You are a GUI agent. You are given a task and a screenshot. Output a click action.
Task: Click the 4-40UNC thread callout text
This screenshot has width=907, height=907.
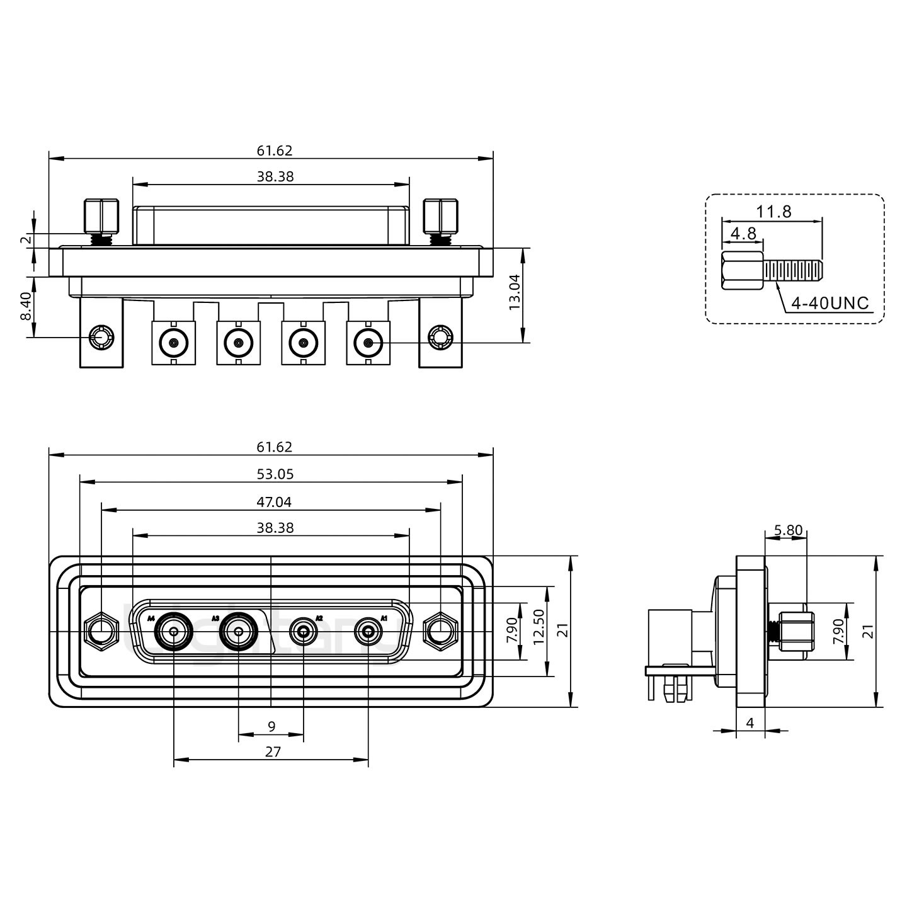coord(830,303)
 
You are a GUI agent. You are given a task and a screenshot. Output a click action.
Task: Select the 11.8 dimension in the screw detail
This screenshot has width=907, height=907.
coord(774,212)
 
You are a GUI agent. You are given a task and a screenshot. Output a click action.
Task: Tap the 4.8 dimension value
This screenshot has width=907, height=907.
coord(743,234)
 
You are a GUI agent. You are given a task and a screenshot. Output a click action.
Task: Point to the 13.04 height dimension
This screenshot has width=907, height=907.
coord(515,291)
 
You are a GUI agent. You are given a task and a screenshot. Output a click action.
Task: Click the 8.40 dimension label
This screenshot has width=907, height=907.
coord(26,306)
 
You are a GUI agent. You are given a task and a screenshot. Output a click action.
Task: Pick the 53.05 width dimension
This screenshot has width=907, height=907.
coord(275,474)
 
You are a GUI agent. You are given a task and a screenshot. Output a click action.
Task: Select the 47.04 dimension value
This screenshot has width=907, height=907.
coord(275,502)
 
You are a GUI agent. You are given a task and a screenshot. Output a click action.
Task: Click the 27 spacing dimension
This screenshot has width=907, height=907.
coord(273,751)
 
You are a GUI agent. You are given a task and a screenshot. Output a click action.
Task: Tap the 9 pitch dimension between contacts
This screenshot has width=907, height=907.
coord(271,726)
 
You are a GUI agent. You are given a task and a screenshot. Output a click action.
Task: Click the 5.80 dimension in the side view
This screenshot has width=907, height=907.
coord(788,530)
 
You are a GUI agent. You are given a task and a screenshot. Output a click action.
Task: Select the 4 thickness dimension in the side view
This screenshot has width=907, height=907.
coord(750,723)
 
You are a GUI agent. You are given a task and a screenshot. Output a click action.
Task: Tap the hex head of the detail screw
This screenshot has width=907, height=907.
coord(733,271)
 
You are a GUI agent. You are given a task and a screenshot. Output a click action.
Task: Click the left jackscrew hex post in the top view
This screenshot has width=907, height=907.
coord(101,216)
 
